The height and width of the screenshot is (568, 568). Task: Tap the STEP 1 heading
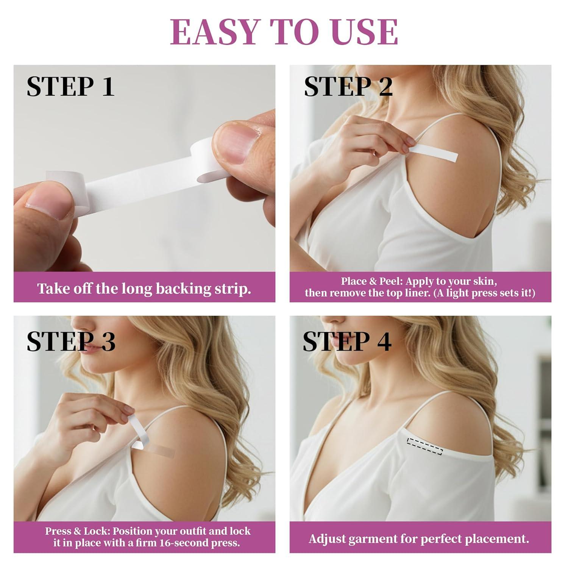click(x=70, y=86)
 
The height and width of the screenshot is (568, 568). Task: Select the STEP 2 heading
click(x=348, y=86)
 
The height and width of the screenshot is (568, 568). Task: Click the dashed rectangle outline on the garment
click(x=424, y=446)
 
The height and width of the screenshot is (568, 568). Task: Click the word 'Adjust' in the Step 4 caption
click(x=327, y=538)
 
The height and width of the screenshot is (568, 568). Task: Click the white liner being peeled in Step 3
click(x=139, y=435)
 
